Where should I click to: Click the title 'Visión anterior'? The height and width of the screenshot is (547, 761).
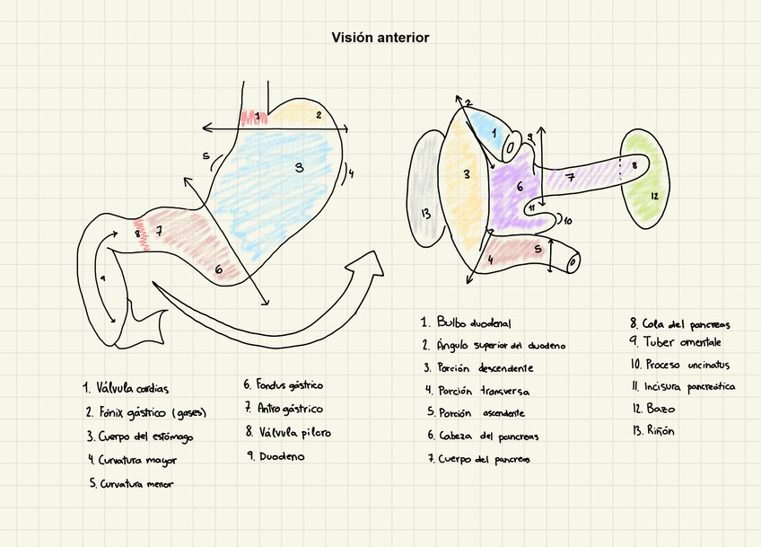pyautogui.click(x=380, y=38)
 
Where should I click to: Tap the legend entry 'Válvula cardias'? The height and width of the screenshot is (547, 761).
pyautogui.click(x=126, y=389)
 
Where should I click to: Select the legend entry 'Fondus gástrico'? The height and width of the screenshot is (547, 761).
pyautogui.click(x=283, y=384)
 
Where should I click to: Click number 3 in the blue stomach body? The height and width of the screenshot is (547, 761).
pyautogui.click(x=299, y=166)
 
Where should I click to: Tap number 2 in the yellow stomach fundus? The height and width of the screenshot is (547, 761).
pyautogui.click(x=318, y=115)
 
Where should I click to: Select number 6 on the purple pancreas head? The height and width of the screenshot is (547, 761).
pyautogui.click(x=519, y=187)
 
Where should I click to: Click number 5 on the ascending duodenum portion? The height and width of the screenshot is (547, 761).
pyautogui.click(x=537, y=249)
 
